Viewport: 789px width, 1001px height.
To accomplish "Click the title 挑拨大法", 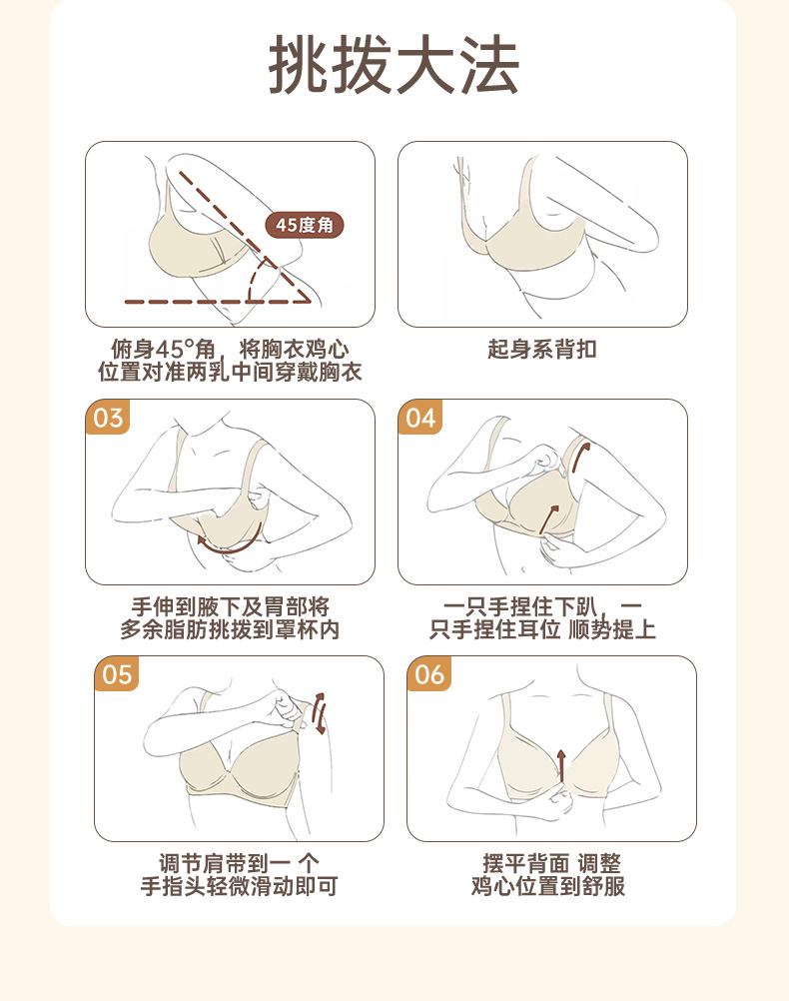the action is pos(394,65).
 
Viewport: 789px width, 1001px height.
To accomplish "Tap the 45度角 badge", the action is pos(305,225).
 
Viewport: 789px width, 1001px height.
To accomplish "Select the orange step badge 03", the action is pos(107,418).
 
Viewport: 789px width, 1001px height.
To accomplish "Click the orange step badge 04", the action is pos(420,418).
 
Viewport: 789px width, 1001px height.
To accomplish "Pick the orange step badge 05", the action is pos(116,674).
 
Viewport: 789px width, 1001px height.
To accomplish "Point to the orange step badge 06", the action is pos(429,674).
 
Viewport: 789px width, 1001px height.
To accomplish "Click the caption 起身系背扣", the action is pos(542,350).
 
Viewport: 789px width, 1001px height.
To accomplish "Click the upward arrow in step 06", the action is pos(561,765).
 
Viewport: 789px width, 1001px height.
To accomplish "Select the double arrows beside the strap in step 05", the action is pos(320,713).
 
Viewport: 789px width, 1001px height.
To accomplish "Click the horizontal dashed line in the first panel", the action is pos(217,302).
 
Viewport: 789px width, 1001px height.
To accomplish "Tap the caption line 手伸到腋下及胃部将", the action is pos(230,606).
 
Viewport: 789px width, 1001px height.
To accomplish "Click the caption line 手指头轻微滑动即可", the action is pos(239,886).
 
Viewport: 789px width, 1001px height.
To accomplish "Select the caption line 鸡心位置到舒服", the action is pos(548,886).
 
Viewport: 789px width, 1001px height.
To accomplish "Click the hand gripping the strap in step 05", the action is pos(290,708).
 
